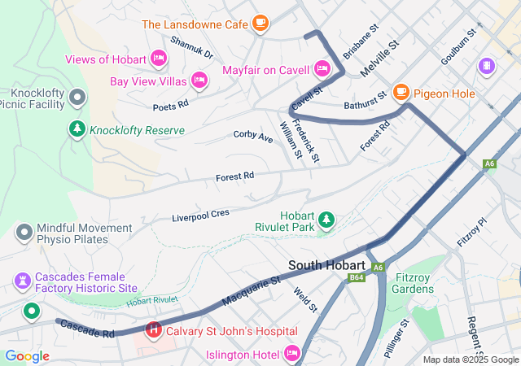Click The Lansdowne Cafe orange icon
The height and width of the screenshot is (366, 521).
pos(260,24)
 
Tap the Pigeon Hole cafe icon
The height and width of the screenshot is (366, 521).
pos(401,93)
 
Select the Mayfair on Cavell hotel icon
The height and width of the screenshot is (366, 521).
pos(322,68)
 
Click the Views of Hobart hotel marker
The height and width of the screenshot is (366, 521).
pos(159,58)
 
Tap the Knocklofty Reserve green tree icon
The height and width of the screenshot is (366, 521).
pos(77,129)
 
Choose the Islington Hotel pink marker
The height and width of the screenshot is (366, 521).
pos(292,353)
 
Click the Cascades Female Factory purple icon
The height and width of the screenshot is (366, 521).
pos(22,281)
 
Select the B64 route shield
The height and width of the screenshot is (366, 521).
pos(357,277)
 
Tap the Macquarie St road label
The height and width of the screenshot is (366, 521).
pos(251,290)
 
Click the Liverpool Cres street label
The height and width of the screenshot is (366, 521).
pos(200,216)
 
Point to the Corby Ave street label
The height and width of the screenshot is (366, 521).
pos(253,136)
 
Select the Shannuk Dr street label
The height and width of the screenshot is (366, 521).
pos(191,50)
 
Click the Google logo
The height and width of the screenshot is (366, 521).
pos(27,355)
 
